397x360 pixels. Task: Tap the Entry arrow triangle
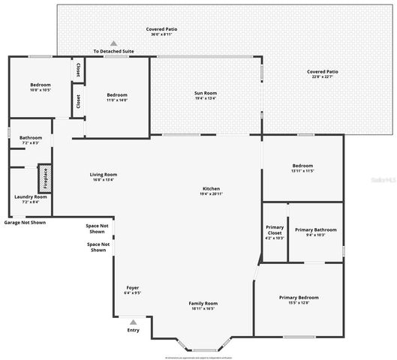(x=133, y=322)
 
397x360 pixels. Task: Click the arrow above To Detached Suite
(x=114, y=43)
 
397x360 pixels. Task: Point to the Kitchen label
(x=212, y=190)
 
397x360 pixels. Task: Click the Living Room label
(x=104, y=176)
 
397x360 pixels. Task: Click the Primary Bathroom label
(x=315, y=232)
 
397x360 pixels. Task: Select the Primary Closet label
(x=275, y=232)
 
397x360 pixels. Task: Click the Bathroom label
(x=31, y=139)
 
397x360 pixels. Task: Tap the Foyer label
(x=132, y=289)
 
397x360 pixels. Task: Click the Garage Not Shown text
(x=25, y=223)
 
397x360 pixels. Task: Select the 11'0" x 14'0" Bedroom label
(x=117, y=97)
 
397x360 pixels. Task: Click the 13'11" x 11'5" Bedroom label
(x=302, y=167)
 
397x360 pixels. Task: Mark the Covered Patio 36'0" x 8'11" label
(x=161, y=31)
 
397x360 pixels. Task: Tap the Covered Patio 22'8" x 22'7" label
(x=323, y=73)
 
